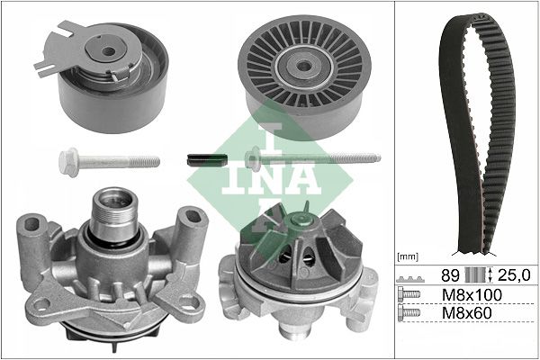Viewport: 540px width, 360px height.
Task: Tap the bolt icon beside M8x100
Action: (409, 295)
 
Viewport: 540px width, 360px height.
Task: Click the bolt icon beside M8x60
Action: (409, 314)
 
